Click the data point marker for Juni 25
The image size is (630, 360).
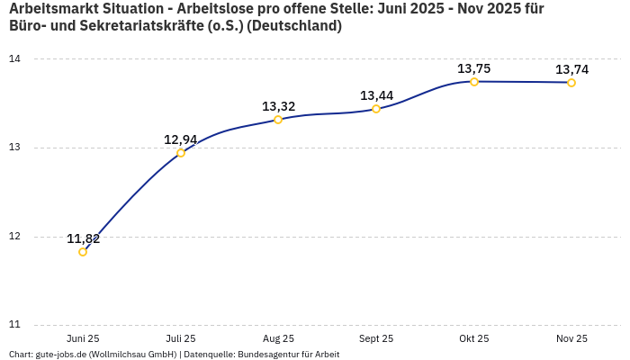(x=83, y=252)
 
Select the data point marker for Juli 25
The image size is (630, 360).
(x=181, y=153)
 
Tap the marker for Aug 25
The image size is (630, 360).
(x=278, y=120)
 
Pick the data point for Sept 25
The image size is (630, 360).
(x=376, y=109)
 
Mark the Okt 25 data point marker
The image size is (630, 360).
(x=474, y=82)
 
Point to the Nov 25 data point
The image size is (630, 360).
(x=571, y=83)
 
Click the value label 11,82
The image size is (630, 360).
(x=84, y=238)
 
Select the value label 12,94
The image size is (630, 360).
(x=181, y=139)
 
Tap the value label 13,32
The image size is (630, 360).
(x=279, y=106)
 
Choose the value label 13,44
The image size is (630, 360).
(x=377, y=95)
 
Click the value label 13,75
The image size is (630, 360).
(x=474, y=68)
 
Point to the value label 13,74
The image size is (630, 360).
(x=572, y=69)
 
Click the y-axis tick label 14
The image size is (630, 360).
(x=14, y=59)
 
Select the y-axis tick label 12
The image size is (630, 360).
(x=14, y=237)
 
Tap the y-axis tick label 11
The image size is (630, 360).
(x=14, y=325)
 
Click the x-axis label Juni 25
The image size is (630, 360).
(x=83, y=338)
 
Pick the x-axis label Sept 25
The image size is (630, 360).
(x=376, y=338)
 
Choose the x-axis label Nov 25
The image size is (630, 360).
(x=571, y=338)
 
